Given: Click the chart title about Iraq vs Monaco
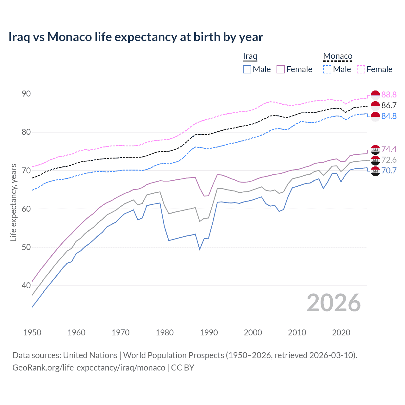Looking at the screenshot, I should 135,37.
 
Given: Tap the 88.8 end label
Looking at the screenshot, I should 389,95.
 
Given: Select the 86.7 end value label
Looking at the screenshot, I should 389,105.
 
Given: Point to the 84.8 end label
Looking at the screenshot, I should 389,116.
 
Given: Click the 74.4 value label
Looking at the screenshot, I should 389,149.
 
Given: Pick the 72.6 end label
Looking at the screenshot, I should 389,160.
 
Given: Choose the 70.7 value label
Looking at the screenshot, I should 389,171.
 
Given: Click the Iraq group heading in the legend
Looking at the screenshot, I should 250,56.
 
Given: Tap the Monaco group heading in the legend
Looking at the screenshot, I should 338,56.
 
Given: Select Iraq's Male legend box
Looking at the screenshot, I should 247,69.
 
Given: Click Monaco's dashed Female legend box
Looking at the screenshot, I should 361,69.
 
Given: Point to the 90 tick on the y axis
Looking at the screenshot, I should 26,94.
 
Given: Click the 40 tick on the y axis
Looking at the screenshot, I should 26,285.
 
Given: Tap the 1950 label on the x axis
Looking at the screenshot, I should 32,333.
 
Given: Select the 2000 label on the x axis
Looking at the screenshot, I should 253,333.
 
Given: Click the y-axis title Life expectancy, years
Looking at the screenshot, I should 13,202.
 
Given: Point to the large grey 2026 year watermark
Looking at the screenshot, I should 334,303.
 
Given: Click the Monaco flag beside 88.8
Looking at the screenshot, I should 375,95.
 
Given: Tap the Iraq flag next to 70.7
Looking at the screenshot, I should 375,171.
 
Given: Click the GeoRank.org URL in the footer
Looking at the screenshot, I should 89,368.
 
